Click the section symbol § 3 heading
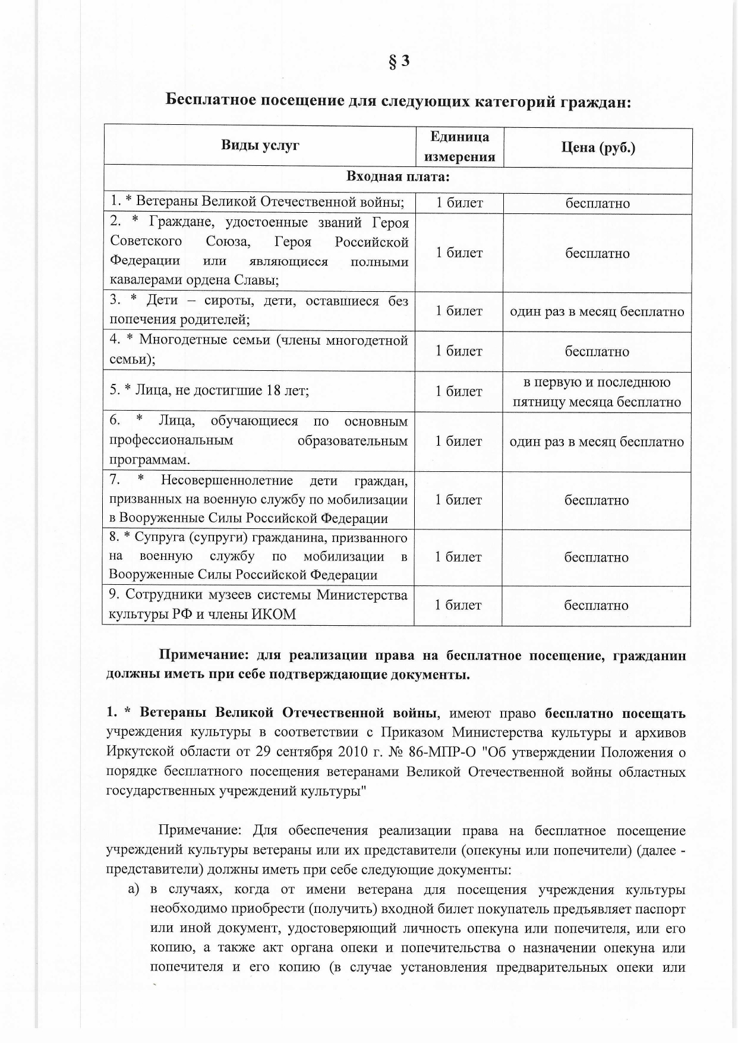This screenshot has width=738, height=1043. [399, 61]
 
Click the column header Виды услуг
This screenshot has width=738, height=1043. [260, 145]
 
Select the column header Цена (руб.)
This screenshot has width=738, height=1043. [598, 147]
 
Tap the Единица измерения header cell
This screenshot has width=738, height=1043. [459, 146]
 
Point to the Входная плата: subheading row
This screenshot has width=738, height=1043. [398, 177]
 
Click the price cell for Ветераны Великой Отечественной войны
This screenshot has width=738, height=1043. [597, 203]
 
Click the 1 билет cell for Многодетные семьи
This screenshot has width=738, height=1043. [459, 351]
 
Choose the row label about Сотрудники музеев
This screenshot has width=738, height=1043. [258, 604]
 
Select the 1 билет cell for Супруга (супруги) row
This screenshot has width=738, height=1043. [458, 557]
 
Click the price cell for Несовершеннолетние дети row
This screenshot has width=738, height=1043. [597, 500]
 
